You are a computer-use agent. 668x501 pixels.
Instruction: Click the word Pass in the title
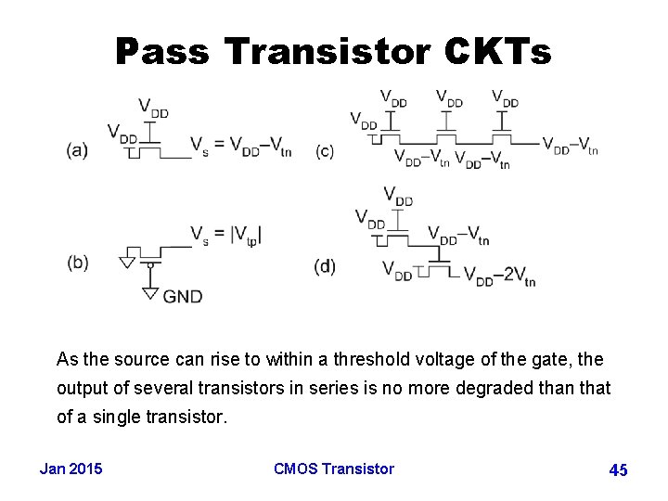(x=162, y=51)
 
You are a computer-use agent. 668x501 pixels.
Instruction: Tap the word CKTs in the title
(x=501, y=51)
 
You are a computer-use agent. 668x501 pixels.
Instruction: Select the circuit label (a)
(x=78, y=150)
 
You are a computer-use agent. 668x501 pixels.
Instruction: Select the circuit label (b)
(x=78, y=263)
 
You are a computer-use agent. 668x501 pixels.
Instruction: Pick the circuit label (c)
(x=325, y=150)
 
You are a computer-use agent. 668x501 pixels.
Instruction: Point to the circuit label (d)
(x=325, y=267)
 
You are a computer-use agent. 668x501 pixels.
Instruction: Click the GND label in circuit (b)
(x=183, y=296)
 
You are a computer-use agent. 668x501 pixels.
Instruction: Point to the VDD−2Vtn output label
(x=499, y=276)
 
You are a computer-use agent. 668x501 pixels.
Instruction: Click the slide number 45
(x=618, y=470)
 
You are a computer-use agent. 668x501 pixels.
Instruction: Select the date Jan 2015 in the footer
(x=71, y=469)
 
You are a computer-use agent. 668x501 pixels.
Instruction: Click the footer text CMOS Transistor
(x=334, y=469)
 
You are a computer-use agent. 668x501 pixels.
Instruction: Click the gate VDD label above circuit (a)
(x=153, y=107)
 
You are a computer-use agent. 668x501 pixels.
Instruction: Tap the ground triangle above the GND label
(x=149, y=294)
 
